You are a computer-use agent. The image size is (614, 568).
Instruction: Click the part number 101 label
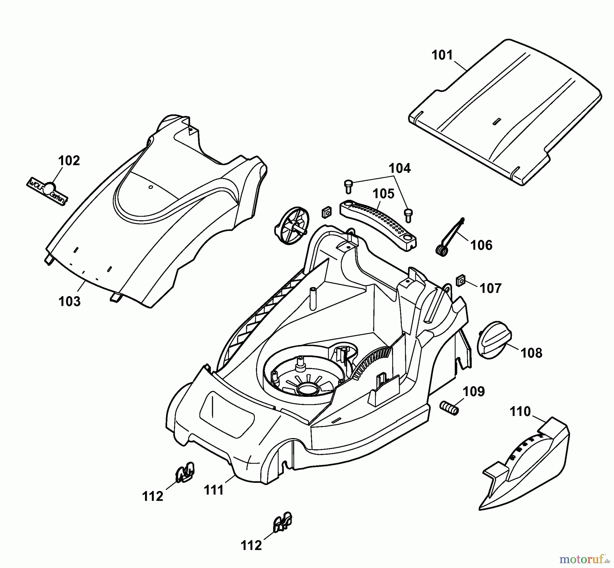click(442, 55)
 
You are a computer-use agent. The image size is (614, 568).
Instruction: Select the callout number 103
click(70, 301)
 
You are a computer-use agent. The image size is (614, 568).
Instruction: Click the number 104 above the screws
click(400, 168)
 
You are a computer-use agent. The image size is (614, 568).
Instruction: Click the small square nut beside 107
click(461, 281)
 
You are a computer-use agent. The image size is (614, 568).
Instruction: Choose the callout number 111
click(214, 490)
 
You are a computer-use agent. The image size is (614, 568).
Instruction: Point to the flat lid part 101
click(505, 113)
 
